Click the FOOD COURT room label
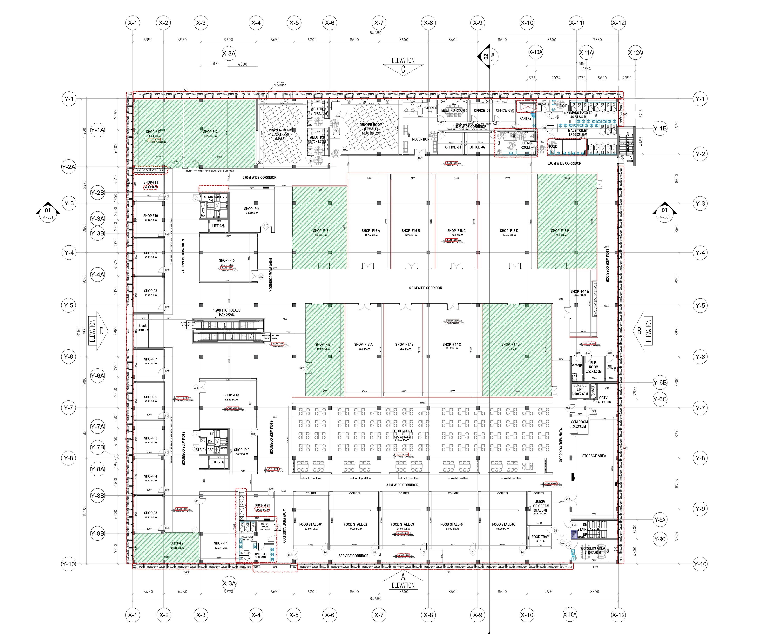click(402, 431)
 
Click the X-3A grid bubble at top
click(229, 53)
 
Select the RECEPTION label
click(421, 139)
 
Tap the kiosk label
click(143, 325)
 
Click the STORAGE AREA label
click(594, 456)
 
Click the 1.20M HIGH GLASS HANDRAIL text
click(227, 312)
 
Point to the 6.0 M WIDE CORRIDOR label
click(425, 288)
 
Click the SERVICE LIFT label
click(580, 389)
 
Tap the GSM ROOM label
click(579, 424)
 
